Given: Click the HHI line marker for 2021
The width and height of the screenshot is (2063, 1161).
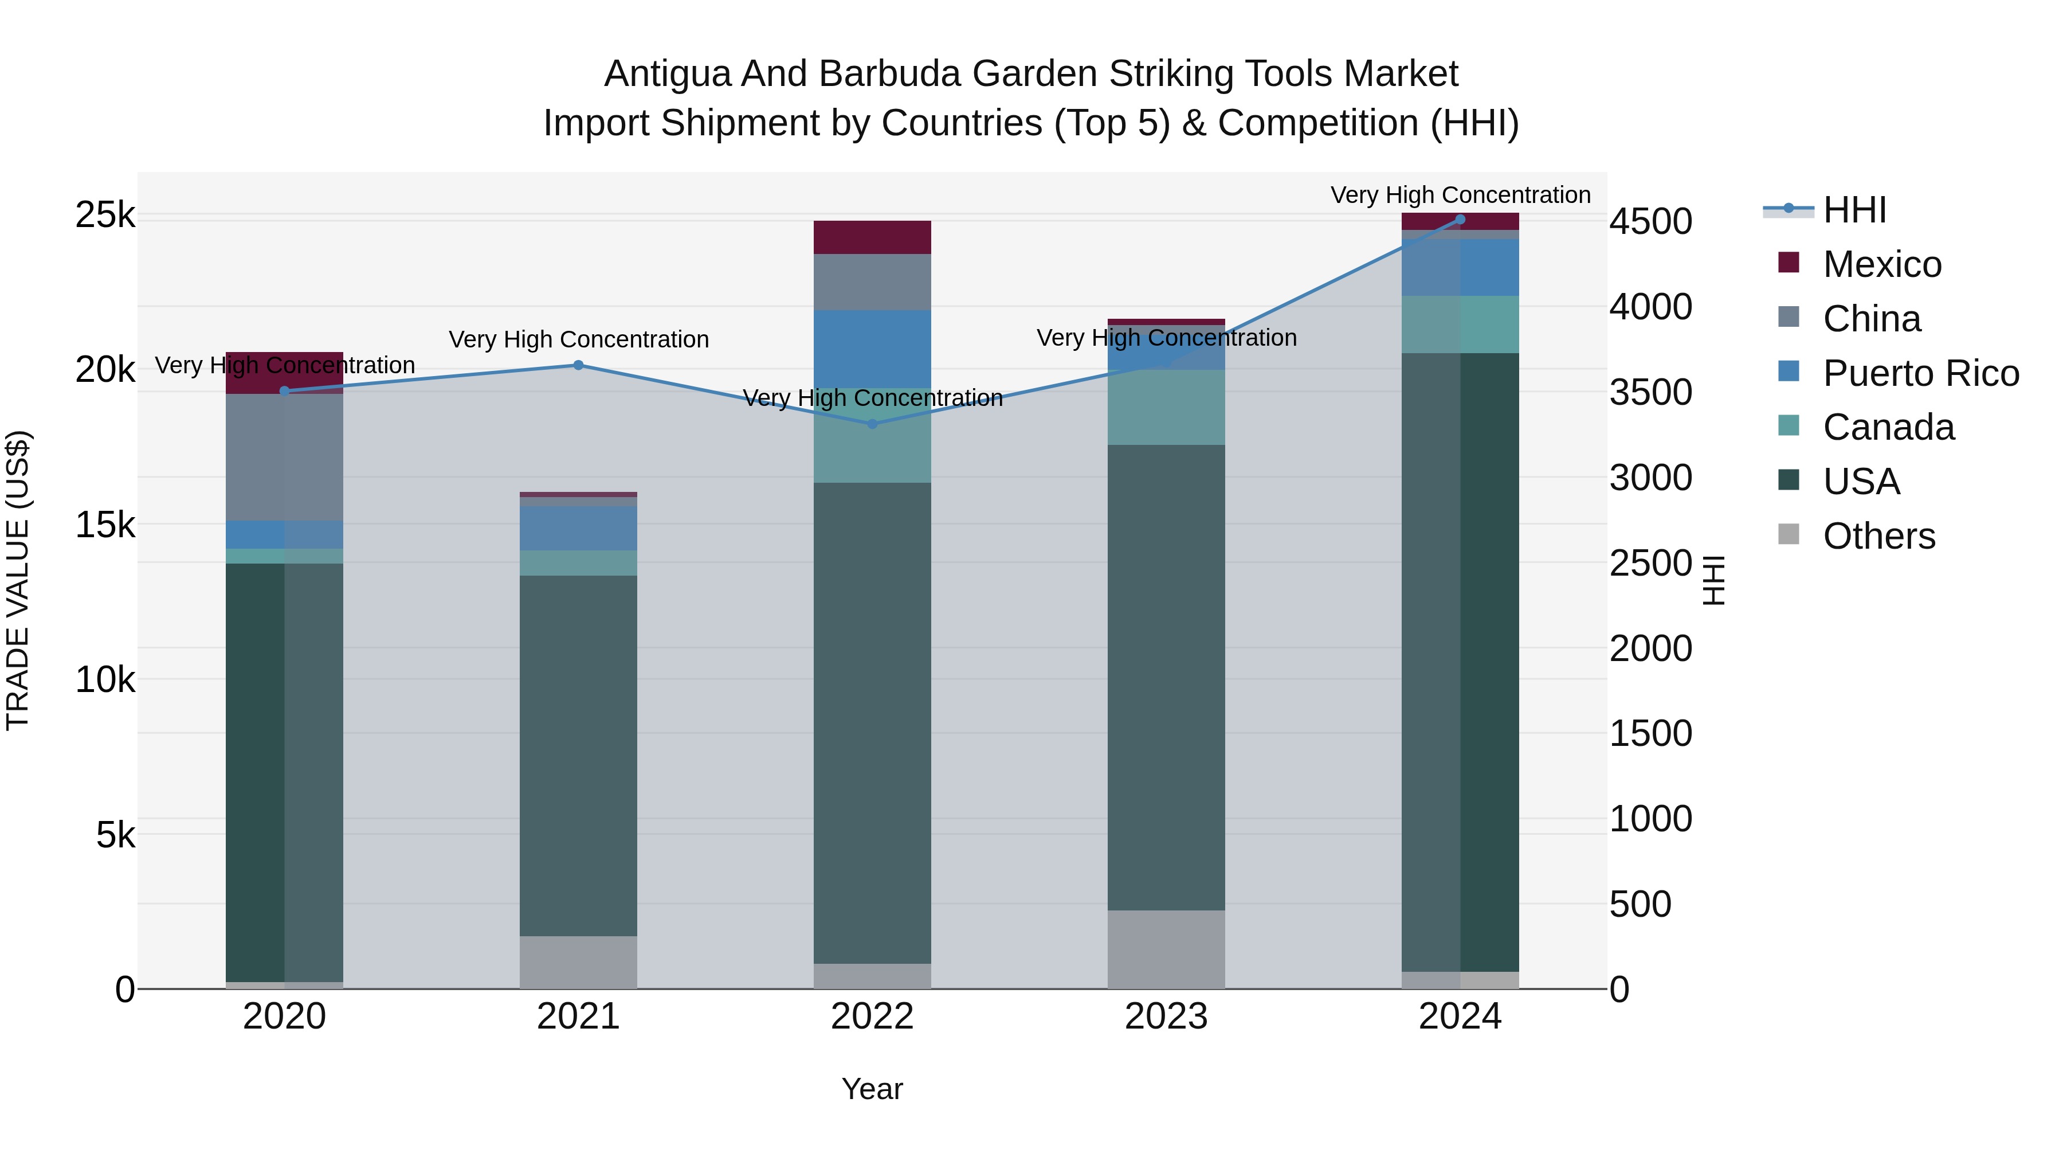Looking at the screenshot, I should tap(578, 365).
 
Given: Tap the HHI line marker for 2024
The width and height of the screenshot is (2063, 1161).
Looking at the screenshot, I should tap(1460, 220).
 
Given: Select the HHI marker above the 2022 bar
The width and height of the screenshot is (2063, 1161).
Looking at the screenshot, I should tap(873, 424).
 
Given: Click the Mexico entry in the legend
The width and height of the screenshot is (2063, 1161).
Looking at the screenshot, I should tap(1881, 264).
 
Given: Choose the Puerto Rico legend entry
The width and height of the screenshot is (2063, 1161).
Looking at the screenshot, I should tap(1920, 373).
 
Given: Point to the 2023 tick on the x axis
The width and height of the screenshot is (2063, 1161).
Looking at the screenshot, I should tap(1166, 1017).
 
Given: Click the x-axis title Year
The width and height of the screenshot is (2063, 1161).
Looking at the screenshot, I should tap(872, 1089).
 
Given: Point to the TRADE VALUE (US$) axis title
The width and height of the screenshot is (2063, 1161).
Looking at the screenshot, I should tap(18, 580).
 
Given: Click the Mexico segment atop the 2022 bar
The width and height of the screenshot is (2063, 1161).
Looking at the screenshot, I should tap(872, 237).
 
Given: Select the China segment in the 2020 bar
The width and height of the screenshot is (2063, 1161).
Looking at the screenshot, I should tap(284, 457).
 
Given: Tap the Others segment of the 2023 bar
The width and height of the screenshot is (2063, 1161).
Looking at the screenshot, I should tap(1166, 949).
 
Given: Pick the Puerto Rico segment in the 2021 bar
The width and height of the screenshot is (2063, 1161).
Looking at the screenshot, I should tap(578, 527).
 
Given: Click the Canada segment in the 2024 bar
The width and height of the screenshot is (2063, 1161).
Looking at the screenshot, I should tap(1460, 325).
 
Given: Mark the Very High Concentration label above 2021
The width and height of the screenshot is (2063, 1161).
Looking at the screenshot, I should tap(578, 340).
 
